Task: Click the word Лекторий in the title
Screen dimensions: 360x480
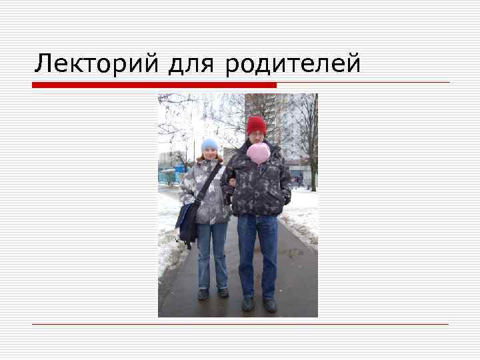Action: click(x=97, y=64)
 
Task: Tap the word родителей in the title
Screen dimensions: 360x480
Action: click(x=293, y=64)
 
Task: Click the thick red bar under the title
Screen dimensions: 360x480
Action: click(x=154, y=85)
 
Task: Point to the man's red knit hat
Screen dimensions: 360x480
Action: click(x=256, y=125)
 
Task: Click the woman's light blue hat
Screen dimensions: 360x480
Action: click(x=209, y=144)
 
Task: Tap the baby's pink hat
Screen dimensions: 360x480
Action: click(x=258, y=153)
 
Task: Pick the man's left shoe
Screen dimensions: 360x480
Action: click(x=270, y=305)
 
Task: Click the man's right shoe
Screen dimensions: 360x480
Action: click(x=247, y=303)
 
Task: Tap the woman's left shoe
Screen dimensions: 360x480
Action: click(x=223, y=293)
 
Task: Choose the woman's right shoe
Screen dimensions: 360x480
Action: click(x=203, y=293)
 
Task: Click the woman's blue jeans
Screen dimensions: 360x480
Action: click(x=212, y=253)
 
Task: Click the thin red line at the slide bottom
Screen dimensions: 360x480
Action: click(x=240, y=324)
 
